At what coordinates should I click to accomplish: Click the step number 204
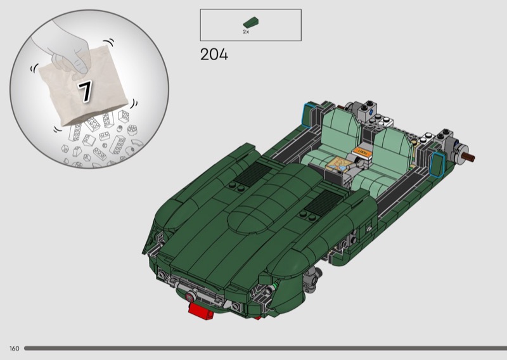(214, 55)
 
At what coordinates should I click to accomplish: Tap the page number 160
(14, 349)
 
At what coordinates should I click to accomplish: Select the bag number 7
(86, 91)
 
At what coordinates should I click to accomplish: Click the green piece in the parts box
(250, 22)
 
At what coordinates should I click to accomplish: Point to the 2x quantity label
(246, 32)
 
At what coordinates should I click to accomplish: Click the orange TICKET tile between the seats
(361, 152)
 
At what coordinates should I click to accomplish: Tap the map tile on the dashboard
(337, 164)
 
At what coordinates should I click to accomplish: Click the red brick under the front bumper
(201, 311)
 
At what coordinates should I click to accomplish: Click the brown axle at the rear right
(468, 158)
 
